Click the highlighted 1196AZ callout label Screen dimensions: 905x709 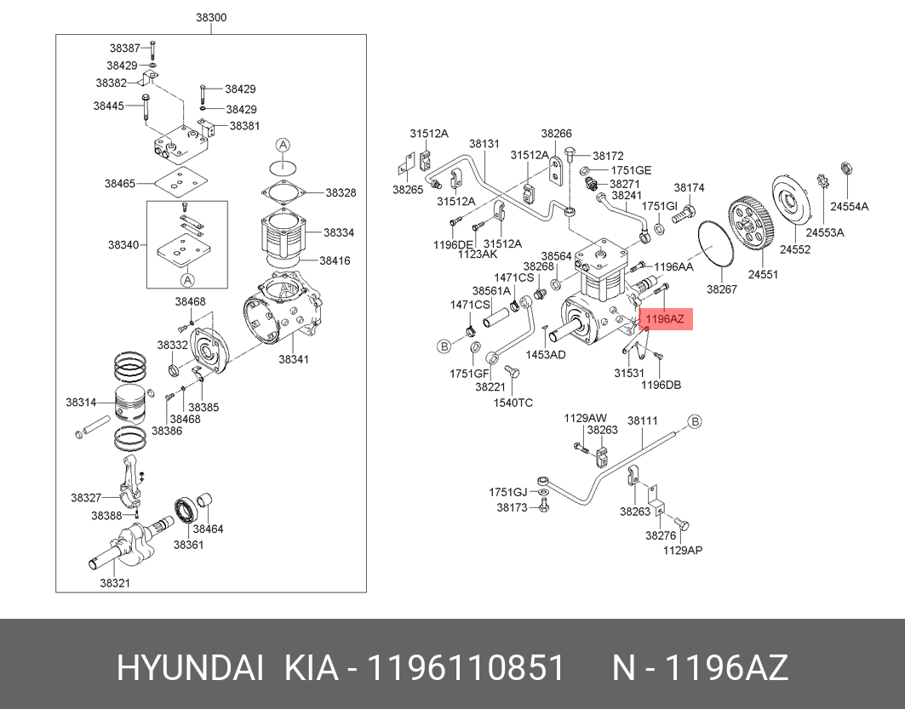(665, 319)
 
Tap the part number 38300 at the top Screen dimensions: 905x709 (211, 17)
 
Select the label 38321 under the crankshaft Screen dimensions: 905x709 (115, 583)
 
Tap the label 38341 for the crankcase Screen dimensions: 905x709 (294, 359)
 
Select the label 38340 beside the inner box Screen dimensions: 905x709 (123, 244)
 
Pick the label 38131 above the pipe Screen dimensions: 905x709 (484, 144)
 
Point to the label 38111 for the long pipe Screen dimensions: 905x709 (643, 420)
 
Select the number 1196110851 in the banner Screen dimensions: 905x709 (466, 669)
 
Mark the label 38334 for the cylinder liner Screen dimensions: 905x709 (340, 232)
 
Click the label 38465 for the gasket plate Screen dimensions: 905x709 (121, 184)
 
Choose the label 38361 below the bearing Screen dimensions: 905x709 (188, 545)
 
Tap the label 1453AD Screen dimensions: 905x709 (546, 354)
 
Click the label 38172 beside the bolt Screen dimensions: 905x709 (608, 156)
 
